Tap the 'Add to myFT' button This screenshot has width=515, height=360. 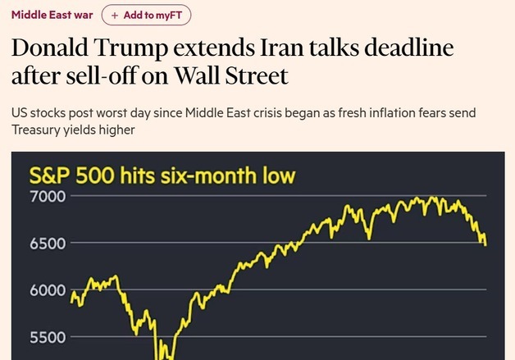click(x=147, y=15)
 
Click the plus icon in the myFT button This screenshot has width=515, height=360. click(x=115, y=15)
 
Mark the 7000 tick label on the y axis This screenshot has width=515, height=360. click(x=48, y=197)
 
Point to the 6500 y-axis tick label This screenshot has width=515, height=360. click(x=48, y=244)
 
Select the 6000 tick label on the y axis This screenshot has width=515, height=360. click(x=48, y=290)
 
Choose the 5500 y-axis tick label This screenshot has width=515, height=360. click(x=48, y=337)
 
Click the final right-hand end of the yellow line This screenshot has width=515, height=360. click(x=485, y=244)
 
